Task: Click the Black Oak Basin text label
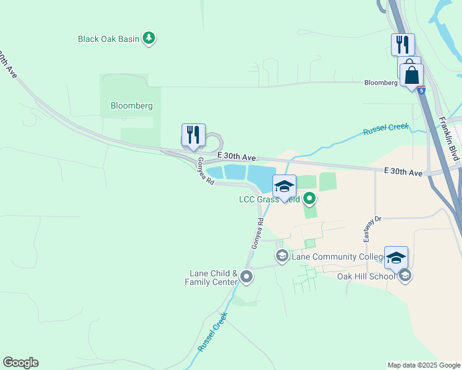(109, 39)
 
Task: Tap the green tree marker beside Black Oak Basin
(149, 38)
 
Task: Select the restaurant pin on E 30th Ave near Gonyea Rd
(193, 135)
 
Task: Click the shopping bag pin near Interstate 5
(412, 76)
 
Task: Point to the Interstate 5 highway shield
(421, 91)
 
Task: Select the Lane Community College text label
(332, 257)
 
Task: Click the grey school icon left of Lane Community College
(282, 256)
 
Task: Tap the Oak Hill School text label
(366, 276)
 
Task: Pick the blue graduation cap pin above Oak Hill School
(396, 258)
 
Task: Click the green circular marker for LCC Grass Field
(310, 199)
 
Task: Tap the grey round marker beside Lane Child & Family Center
(246, 277)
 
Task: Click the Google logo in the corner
(20, 363)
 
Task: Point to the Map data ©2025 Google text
(424, 365)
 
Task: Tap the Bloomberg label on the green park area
(132, 105)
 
